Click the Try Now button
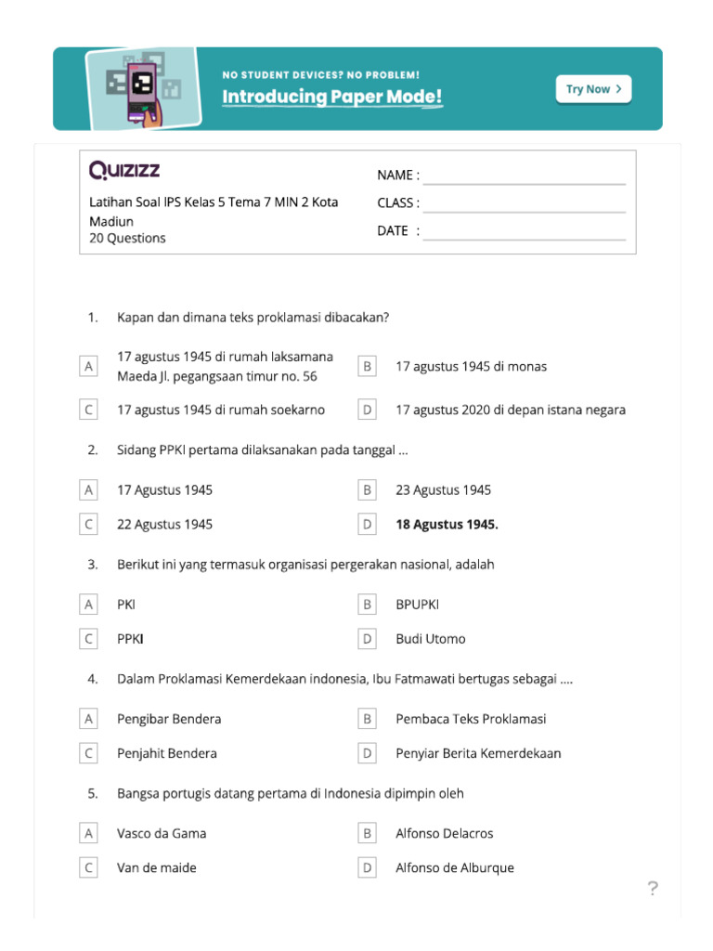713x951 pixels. point(593,89)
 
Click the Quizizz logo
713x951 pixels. point(124,170)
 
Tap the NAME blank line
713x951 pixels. point(525,176)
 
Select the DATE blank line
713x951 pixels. point(525,231)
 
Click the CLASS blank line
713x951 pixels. point(525,203)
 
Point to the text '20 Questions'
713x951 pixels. point(127,239)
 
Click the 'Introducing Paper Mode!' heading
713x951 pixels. point(331,98)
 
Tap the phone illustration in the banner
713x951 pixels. point(142,87)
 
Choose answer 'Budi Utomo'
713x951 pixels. point(431,639)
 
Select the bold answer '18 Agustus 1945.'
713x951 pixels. point(447,525)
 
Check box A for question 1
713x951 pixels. point(89,367)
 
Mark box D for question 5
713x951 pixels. point(368,868)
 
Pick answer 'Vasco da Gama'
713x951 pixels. point(162,834)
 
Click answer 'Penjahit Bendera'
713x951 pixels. point(167,753)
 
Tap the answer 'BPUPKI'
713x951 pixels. point(418,605)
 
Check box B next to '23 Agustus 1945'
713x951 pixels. point(368,490)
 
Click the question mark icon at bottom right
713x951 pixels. point(653,890)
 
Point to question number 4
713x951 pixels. point(93,679)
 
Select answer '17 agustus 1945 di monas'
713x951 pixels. point(472,367)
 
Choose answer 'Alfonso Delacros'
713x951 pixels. point(445,834)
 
